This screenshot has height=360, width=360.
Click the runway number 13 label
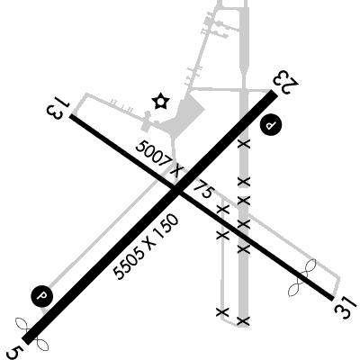(x=58, y=107)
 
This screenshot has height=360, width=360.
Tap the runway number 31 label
(x=346, y=308)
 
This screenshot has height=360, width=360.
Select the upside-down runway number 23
(x=286, y=82)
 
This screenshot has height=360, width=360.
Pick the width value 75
(x=204, y=189)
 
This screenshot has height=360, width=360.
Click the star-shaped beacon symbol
(x=160, y=102)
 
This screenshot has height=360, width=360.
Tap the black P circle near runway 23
(x=271, y=124)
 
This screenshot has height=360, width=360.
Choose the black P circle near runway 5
(x=42, y=296)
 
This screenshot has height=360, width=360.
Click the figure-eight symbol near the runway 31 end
(x=302, y=277)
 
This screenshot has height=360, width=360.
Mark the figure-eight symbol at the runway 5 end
(x=32, y=335)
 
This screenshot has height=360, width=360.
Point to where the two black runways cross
(x=176, y=190)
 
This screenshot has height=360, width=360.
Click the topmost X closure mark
(x=244, y=144)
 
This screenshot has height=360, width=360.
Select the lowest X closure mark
(x=243, y=321)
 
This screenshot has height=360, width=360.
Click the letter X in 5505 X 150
(x=151, y=242)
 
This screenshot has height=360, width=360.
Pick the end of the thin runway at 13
(x=71, y=116)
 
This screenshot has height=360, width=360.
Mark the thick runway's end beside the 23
(x=274, y=94)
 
